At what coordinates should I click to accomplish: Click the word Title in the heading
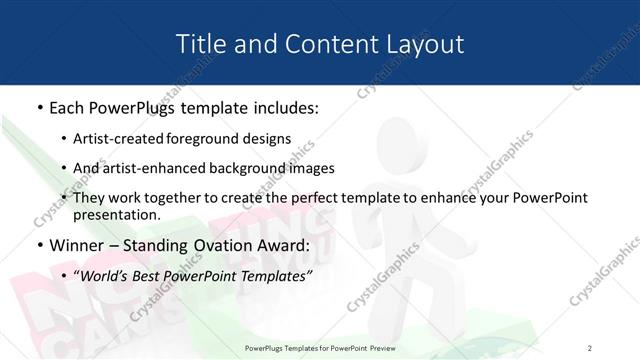[x=198, y=44]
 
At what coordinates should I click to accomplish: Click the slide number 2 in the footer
[x=589, y=347]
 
